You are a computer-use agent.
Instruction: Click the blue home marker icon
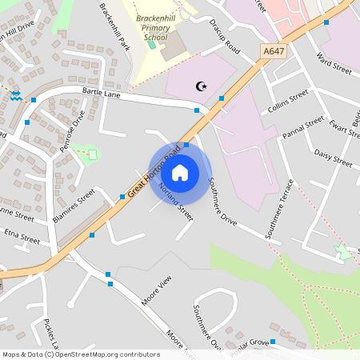pyautogui.click(x=180, y=172)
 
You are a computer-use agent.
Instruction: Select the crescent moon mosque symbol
pyautogui.click(x=200, y=86)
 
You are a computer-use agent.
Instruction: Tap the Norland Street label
pyautogui.click(x=177, y=201)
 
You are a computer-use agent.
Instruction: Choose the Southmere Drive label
pyautogui.click(x=223, y=200)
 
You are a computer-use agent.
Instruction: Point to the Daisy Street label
pyautogui.click(x=333, y=158)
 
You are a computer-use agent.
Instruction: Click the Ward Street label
pyautogui.click(x=334, y=65)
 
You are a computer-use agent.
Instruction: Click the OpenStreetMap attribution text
pyautogui.click(x=80, y=354)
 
